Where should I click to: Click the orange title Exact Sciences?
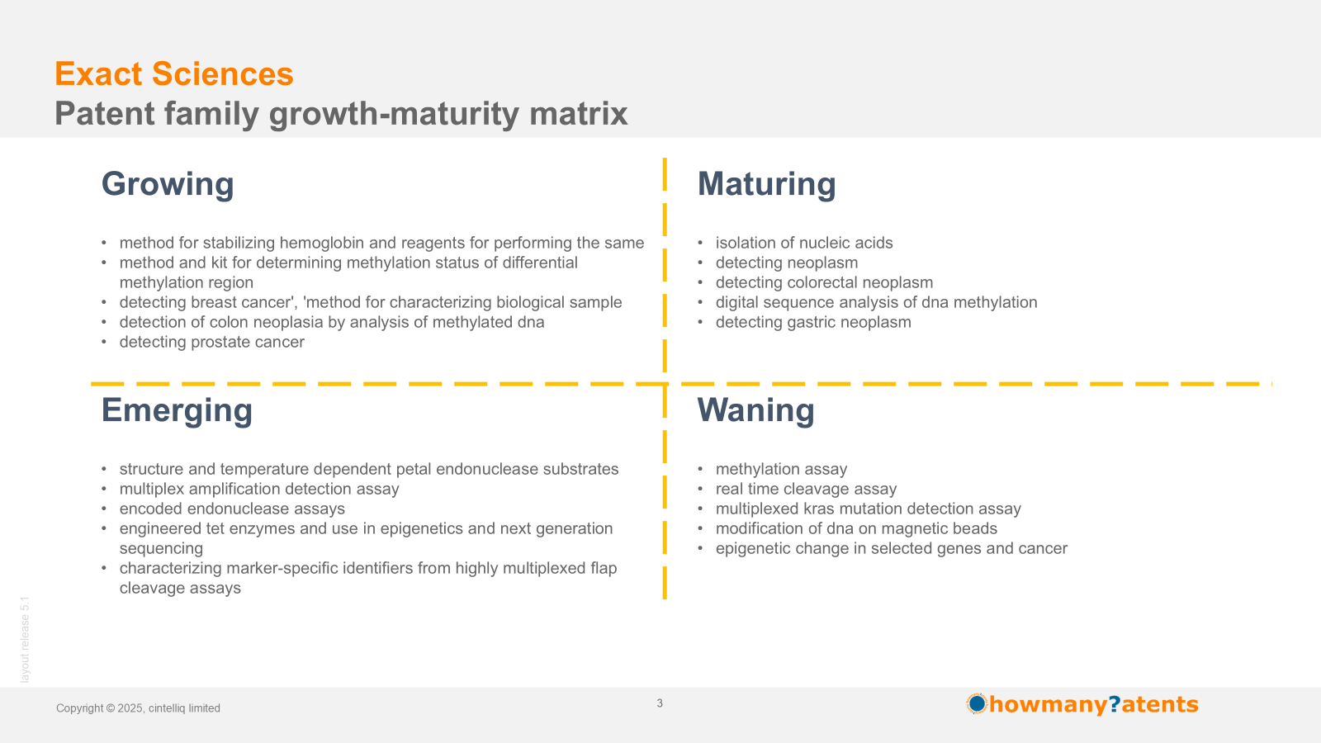tap(174, 74)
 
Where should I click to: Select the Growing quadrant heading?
tap(168, 184)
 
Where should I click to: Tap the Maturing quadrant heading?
tap(767, 184)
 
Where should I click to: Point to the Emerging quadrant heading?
tap(177, 410)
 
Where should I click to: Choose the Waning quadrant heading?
tap(756, 409)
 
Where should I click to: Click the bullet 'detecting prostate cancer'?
tap(211, 342)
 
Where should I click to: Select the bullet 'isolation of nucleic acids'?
tap(804, 243)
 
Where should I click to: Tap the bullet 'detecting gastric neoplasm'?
tap(813, 322)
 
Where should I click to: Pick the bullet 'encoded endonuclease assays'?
tap(232, 509)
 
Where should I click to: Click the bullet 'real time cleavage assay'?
tap(806, 489)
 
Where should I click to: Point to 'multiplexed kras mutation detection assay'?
tap(868, 509)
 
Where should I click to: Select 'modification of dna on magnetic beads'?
tap(856, 528)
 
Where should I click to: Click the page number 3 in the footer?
tap(660, 703)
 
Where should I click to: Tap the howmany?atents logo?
tap(1082, 704)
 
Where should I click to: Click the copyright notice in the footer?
tap(138, 708)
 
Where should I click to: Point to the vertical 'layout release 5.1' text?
tap(25, 640)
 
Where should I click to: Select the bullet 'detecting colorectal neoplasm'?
tap(825, 282)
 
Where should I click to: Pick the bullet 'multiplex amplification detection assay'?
tap(259, 489)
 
